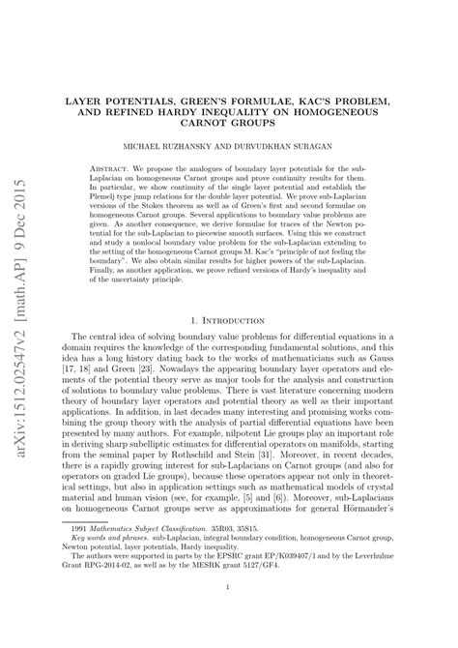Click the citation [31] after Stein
coord(306,455)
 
